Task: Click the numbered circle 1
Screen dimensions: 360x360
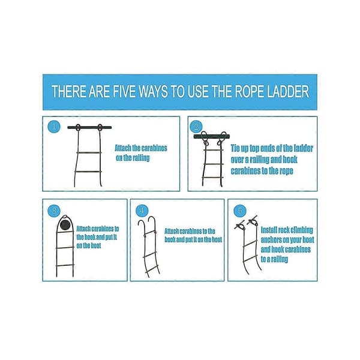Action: tap(54, 127)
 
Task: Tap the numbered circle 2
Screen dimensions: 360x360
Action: tap(196, 127)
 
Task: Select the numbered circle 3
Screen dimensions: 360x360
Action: tap(54, 211)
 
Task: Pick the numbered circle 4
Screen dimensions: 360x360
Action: tap(142, 211)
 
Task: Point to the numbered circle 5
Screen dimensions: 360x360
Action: tap(240, 211)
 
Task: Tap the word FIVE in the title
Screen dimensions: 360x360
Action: tap(125, 91)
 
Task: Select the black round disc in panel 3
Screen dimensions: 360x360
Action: tap(65, 224)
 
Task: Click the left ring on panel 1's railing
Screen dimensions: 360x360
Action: tap(78, 128)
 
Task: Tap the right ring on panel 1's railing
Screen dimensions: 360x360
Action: tap(100, 128)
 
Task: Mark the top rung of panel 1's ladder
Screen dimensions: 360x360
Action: tap(89, 152)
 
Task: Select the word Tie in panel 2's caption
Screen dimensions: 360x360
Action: tap(236, 148)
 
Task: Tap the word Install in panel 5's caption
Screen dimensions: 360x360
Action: tap(270, 230)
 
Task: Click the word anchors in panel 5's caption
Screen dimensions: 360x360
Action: tap(271, 240)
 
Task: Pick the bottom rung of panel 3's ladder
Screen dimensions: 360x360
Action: tap(65, 265)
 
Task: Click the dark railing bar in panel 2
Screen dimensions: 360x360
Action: tap(211, 137)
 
